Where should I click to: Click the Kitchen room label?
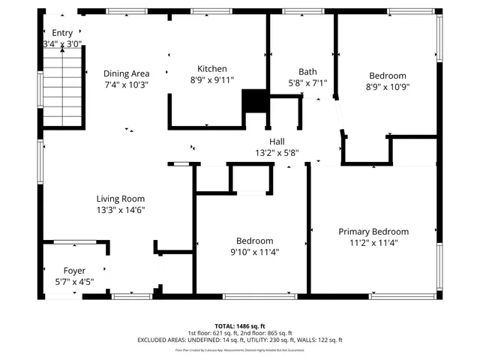coord(211,69)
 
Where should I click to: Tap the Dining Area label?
coord(126,73)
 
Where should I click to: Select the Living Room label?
coord(120,199)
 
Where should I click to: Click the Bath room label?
coord(307,72)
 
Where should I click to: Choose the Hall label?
coord(277,142)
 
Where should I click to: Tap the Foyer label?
coord(74,271)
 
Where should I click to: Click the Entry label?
coord(62,33)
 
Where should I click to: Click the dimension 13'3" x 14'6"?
coord(120,210)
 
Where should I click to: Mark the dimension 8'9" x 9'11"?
coord(211,79)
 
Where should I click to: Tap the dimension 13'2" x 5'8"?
coord(277,153)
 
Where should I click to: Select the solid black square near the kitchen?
coord(254,101)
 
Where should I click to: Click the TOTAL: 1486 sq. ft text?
coord(240,325)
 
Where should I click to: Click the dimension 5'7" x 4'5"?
coord(74,282)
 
